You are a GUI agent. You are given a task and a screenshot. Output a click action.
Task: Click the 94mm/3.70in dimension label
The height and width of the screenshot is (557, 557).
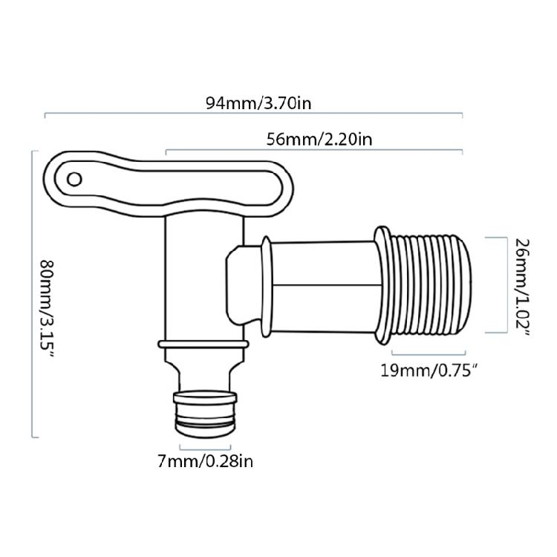pos(258,103)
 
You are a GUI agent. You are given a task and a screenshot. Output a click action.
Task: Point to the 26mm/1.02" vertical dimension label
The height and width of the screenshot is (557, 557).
pos(519,287)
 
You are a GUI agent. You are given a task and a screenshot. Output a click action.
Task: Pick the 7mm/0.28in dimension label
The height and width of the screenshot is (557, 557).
pos(205,462)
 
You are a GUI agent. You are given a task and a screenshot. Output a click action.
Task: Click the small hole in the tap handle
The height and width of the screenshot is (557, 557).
pos(74,179)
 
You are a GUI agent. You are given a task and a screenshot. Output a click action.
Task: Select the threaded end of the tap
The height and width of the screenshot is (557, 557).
pos(430,286)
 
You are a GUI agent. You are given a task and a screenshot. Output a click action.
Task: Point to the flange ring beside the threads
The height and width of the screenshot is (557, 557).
pos(383,286)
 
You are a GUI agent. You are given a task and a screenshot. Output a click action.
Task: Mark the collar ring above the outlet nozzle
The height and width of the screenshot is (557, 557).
pos(203,345)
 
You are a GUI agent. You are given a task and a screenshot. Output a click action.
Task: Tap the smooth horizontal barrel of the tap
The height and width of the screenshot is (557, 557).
pos(323,286)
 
